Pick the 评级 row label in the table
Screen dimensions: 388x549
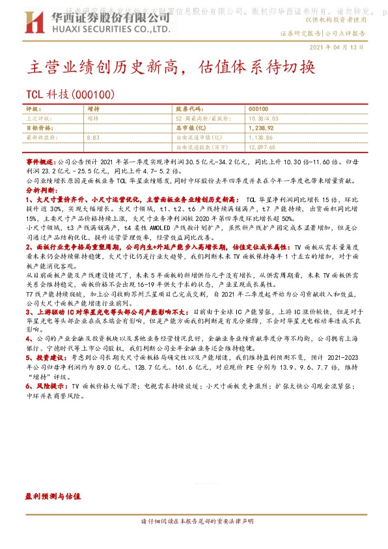pyautogui.click(x=33, y=109)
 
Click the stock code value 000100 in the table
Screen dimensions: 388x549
pyautogui.click(x=258, y=109)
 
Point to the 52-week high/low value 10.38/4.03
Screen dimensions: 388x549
pyautogui.click(x=264, y=119)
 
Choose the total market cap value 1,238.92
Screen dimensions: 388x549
pyautogui.click(x=260, y=128)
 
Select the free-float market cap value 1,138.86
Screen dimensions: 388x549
pyautogui.click(x=260, y=138)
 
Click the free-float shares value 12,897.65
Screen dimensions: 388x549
pyautogui.click(x=262, y=148)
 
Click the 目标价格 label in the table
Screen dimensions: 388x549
pyautogui.click(x=36, y=128)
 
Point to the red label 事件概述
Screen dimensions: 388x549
pyautogui.click(x=40, y=160)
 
